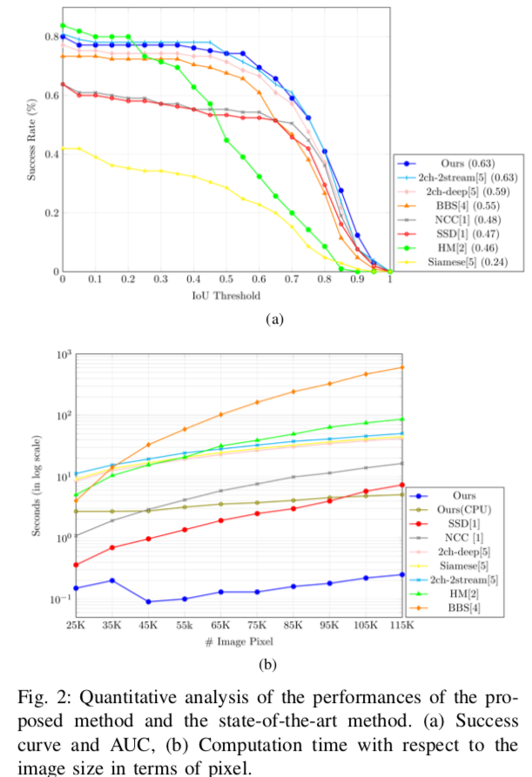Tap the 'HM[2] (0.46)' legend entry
[x=461, y=246]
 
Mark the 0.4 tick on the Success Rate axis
[x=50, y=153]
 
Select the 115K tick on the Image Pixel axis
[x=401, y=625]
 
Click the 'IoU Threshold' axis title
[x=226, y=296]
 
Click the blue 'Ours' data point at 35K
[x=111, y=580]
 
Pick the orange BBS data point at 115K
[x=401, y=367]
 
